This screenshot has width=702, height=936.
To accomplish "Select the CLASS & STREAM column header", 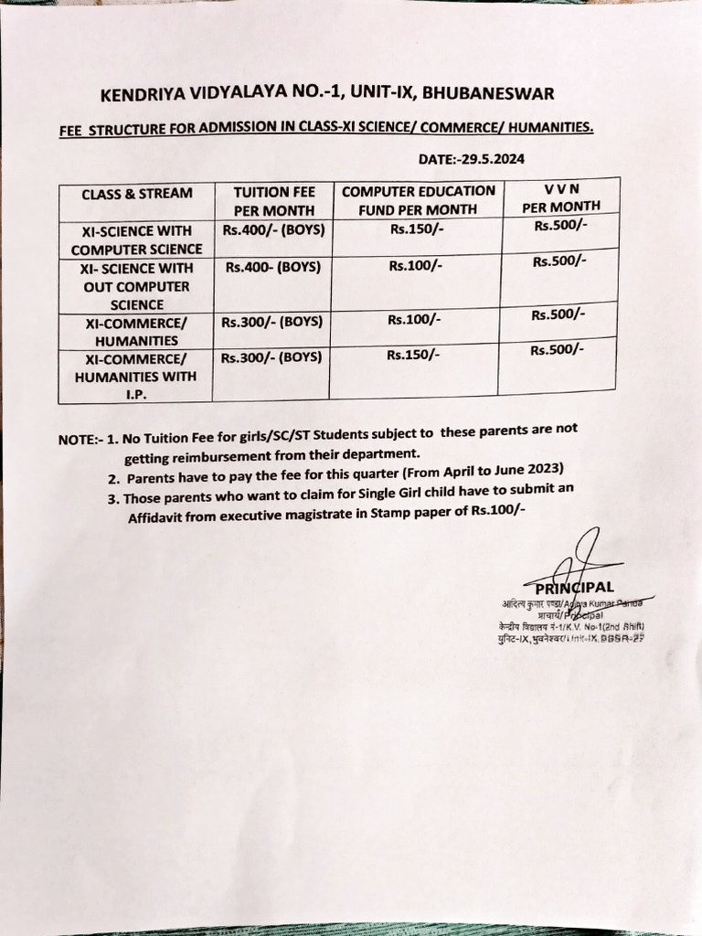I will coord(136,194).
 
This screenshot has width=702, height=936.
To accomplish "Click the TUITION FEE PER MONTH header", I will coord(274,200).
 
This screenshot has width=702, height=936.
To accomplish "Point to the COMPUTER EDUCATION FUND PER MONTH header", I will coord(418,199).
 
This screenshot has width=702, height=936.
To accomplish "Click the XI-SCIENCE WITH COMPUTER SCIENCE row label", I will coord(136,240).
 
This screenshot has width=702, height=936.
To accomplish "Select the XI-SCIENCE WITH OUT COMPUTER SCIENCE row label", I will coord(136,286).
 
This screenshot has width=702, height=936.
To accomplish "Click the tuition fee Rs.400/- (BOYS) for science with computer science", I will coord(273,230).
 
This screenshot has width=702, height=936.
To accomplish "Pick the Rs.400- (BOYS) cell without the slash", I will coord(271,268).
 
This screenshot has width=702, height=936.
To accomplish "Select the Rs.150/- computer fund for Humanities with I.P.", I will coord(413,355).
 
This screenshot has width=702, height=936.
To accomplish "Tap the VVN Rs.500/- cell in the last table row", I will coord(557,350).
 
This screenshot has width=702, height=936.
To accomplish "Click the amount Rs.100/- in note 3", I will coord(497,510).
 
